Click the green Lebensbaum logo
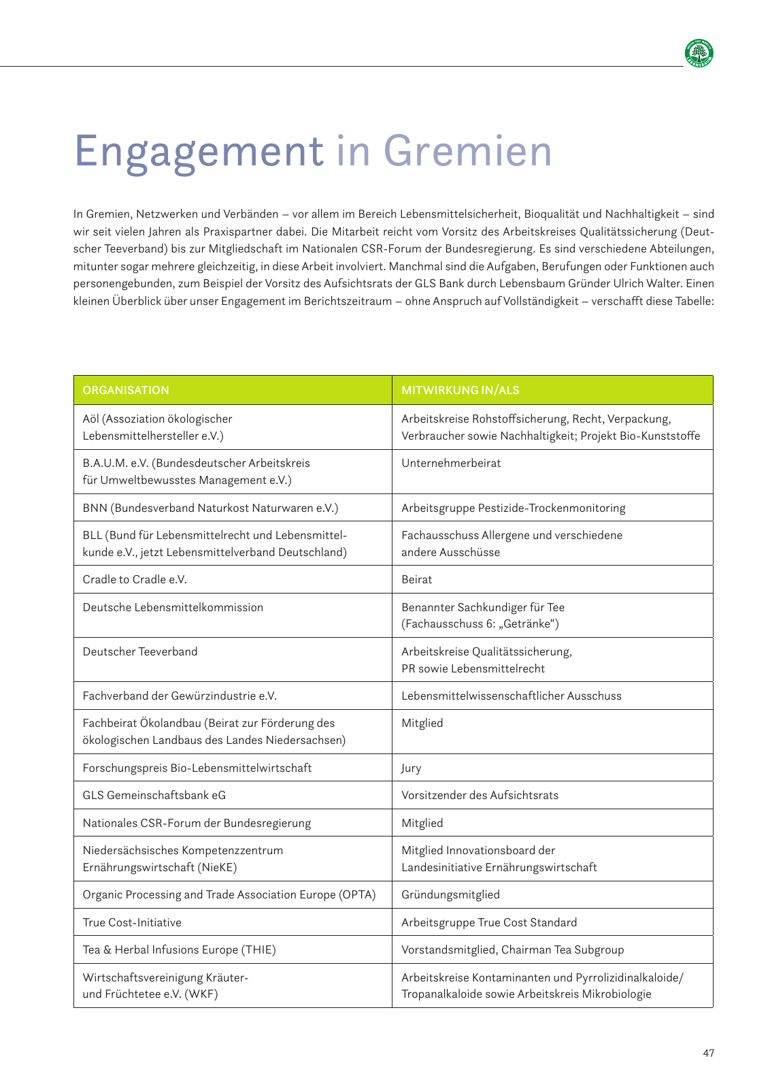[x=699, y=54]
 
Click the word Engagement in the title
[x=198, y=151]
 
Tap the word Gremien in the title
[x=467, y=151]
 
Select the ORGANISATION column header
[x=126, y=390]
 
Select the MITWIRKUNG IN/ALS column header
[x=461, y=390]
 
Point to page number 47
[x=709, y=1053]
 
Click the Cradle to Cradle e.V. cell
[x=135, y=579]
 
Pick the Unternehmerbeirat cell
[x=451, y=463]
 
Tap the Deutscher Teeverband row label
[x=140, y=651]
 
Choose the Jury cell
[x=412, y=768]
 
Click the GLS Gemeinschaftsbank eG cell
[x=154, y=795]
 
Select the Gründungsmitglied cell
[x=450, y=894]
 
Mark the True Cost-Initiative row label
[x=132, y=922]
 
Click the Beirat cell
[x=416, y=579]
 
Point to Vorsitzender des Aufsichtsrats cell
[x=480, y=795]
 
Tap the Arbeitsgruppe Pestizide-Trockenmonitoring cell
[x=513, y=508]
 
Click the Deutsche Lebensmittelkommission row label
[x=173, y=607]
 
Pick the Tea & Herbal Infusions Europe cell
[x=179, y=949]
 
